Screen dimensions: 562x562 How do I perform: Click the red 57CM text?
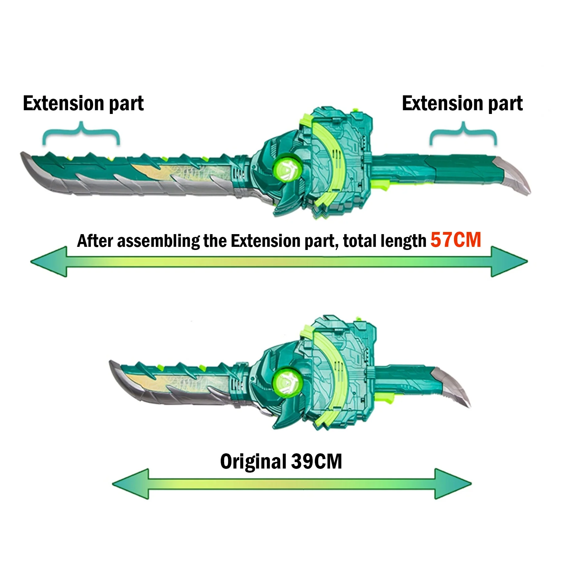pyautogui.click(x=455, y=240)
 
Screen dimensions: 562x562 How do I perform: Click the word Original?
pyautogui.click(x=253, y=462)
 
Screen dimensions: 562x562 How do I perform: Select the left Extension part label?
pyautogui.click(x=83, y=104)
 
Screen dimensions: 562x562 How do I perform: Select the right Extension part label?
pyautogui.click(x=462, y=104)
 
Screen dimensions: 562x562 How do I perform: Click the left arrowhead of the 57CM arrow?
pyautogui.click(x=49, y=261)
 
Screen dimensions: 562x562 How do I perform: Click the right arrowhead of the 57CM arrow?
pyautogui.click(x=509, y=261)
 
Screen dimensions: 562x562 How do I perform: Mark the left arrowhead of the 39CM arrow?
pyautogui.click(x=131, y=484)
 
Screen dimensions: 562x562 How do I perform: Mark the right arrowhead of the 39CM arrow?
pyautogui.click(x=453, y=484)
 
